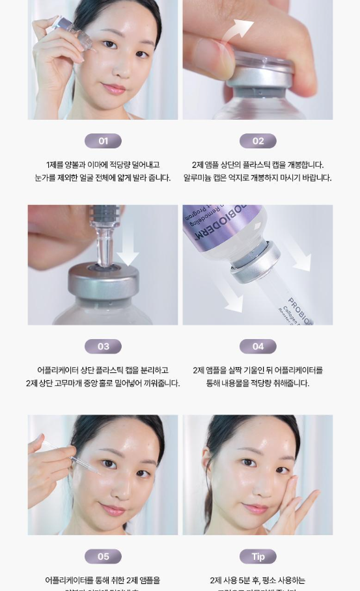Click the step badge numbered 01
coord(103,141)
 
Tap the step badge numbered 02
coord(258,141)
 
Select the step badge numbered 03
coord(103,346)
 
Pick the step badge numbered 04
coord(258,346)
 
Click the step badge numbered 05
coord(103,557)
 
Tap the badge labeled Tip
coord(258,557)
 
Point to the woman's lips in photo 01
coord(115,88)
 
